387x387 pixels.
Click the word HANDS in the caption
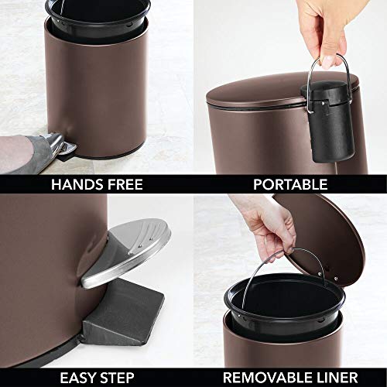(x=77, y=185)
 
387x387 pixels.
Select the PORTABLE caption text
(x=289, y=185)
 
